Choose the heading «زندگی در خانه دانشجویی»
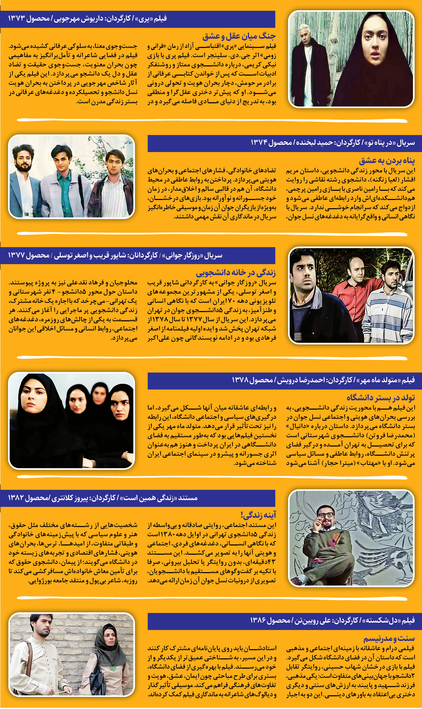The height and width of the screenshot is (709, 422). pyautogui.click(x=236, y=273)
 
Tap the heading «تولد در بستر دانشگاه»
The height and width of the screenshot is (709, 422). pyautogui.click(x=380, y=398)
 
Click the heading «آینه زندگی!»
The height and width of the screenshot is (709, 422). pyautogui.click(x=258, y=515)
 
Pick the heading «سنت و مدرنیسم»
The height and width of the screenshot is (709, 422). pyautogui.click(x=389, y=639)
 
